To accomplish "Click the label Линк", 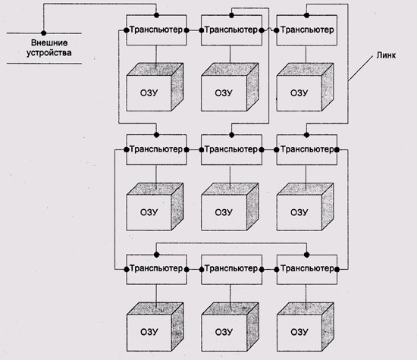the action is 386,55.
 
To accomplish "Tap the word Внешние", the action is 49,42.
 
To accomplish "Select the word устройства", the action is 49,52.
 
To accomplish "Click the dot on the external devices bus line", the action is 44,33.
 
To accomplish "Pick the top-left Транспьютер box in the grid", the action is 156,30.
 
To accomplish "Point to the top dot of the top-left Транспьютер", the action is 156,15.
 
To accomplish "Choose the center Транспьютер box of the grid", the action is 231,150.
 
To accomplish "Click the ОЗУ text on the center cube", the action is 224,212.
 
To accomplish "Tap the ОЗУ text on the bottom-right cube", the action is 299,332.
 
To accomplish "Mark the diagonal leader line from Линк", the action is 361,68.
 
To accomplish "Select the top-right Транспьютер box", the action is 307,30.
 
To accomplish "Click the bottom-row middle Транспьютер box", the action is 231,270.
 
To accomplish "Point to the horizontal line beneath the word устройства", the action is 44,64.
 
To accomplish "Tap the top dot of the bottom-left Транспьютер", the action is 156,255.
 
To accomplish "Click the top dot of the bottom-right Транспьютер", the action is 306,255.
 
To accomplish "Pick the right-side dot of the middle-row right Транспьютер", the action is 337,150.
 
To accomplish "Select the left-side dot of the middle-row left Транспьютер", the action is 127,150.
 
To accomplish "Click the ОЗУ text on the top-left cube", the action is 149,92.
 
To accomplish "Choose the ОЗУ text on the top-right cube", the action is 299,92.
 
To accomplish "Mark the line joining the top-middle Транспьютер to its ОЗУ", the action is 230,55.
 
